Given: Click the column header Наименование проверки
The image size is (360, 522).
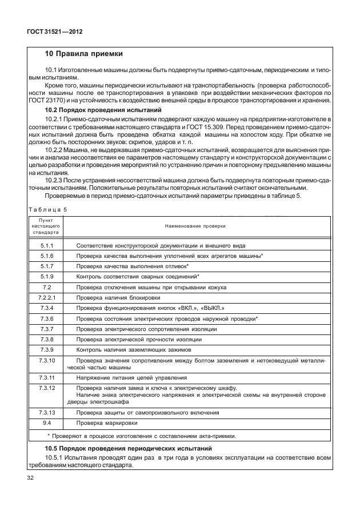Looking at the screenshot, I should click(195, 226).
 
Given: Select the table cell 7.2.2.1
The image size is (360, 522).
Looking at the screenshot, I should click(47, 297).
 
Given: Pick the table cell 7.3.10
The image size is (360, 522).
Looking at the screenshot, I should click(47, 361).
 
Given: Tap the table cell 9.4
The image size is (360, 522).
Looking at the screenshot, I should click(47, 423).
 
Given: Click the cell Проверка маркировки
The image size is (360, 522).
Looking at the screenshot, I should click(107, 423).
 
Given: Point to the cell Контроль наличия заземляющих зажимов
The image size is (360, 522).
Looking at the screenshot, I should click(138, 349).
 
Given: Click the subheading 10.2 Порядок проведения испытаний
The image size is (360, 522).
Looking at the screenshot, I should click(104, 110).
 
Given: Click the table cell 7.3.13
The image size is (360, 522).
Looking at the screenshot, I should click(47, 412).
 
